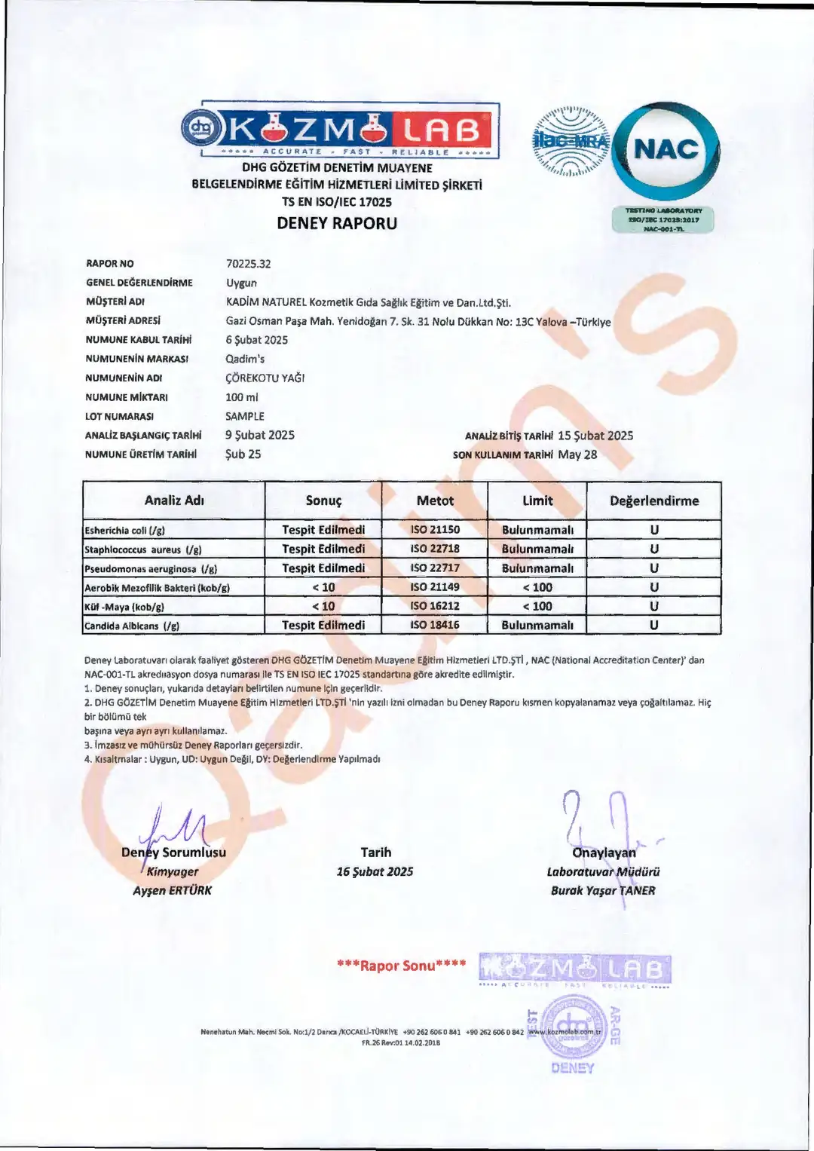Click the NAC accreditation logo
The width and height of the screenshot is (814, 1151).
[x=666, y=150]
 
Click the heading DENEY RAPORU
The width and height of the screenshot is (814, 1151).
[x=337, y=223]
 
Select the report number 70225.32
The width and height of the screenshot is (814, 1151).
[x=248, y=264]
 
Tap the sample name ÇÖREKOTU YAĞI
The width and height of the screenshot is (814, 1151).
[x=265, y=378]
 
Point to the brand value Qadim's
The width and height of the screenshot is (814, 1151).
[x=245, y=359]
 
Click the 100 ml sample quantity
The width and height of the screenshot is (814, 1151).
[x=241, y=397]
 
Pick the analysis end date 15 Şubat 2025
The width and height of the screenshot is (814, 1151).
[x=595, y=436]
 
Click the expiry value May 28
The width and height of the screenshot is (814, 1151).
[x=577, y=455]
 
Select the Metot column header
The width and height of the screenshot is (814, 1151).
[x=435, y=501]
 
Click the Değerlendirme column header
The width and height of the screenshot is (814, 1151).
[x=653, y=501]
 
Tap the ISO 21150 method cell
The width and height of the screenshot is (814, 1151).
[x=435, y=530]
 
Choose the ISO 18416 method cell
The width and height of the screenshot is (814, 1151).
[x=435, y=625]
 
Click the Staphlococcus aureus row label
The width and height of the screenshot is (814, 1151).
[x=143, y=549]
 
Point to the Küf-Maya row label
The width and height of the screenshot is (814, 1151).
[x=124, y=607]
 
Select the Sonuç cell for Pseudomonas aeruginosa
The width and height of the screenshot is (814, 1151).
[x=323, y=568]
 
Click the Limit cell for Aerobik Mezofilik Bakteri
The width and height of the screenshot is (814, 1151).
[x=537, y=587]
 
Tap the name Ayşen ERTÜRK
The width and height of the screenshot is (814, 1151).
[x=173, y=890]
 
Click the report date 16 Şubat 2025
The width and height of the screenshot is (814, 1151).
[x=375, y=871]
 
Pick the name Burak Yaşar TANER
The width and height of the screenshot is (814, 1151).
[x=603, y=890]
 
